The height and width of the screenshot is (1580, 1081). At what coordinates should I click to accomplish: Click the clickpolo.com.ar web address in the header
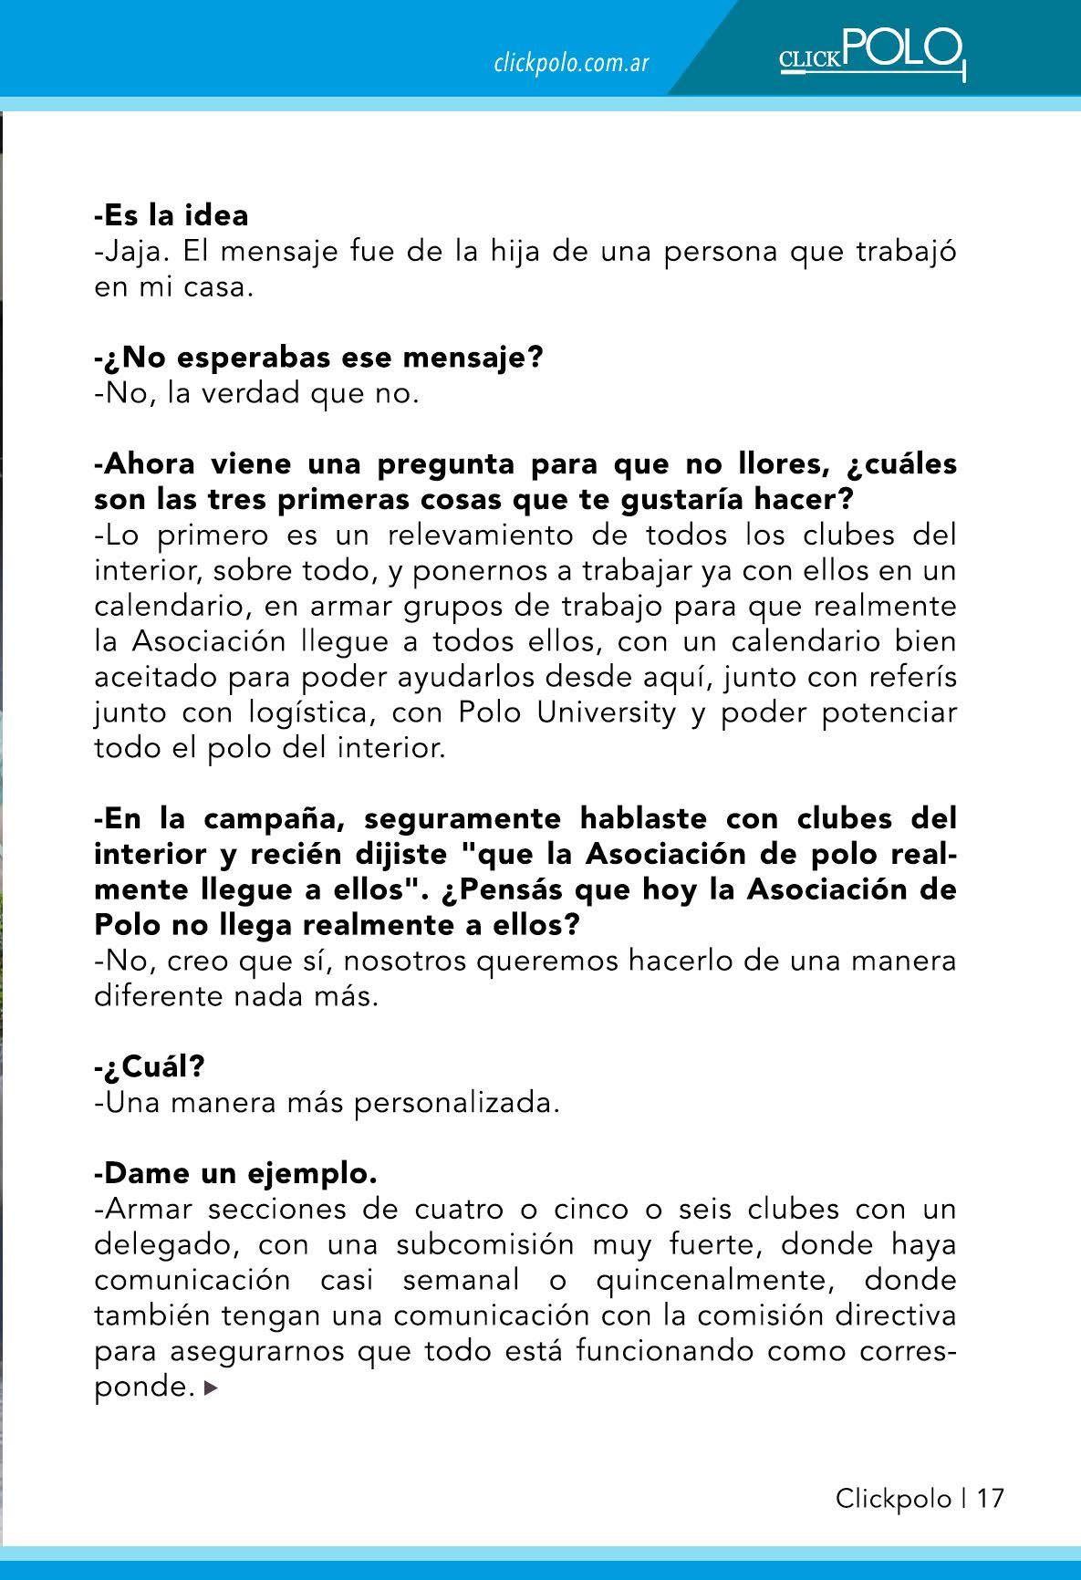(x=571, y=63)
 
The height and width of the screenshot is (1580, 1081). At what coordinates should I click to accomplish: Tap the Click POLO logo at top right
(x=871, y=53)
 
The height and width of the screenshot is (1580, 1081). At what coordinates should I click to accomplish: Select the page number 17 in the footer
(x=990, y=1499)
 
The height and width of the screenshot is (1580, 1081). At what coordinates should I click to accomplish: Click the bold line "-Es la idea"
(x=172, y=215)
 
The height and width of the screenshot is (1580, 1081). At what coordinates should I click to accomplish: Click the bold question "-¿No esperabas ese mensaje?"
(x=318, y=358)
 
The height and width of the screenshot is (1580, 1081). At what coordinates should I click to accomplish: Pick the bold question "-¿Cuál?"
(x=149, y=1066)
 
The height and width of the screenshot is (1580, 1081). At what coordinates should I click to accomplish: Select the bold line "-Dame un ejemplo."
(x=235, y=1173)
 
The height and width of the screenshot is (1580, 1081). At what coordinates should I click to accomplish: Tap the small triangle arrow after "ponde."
(x=212, y=1389)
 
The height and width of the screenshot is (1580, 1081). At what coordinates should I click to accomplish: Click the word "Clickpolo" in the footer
(x=893, y=1499)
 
